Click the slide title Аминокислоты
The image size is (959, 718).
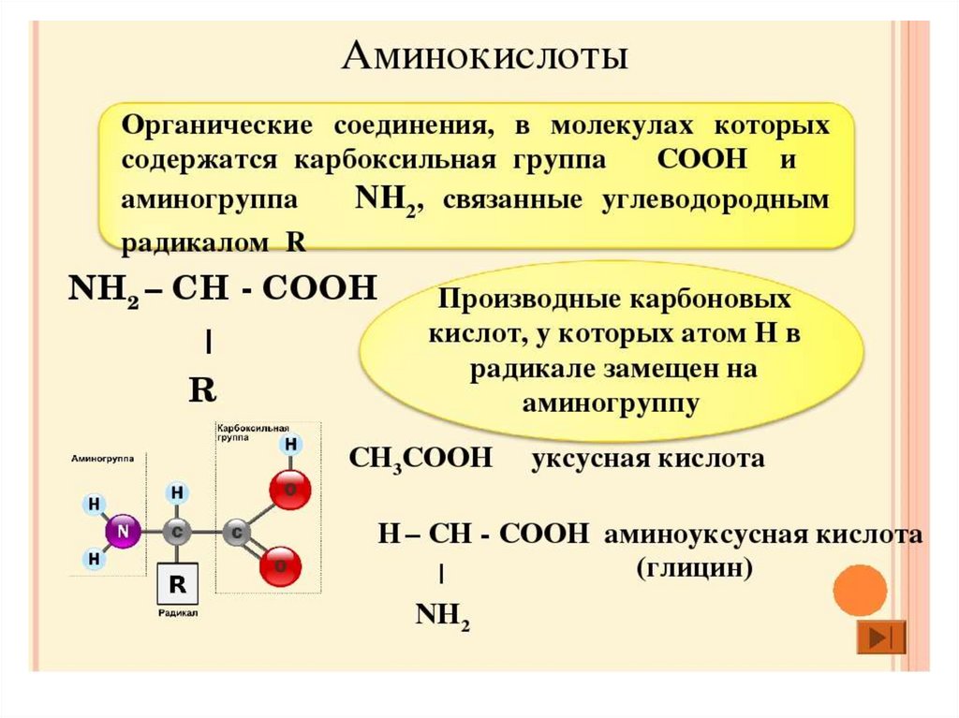tap(483, 57)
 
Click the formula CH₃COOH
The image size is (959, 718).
tap(420, 459)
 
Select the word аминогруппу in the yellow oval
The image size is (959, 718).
tap(612, 403)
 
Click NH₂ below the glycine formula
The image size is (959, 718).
tap(442, 615)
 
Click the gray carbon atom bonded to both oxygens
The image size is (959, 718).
tap(236, 533)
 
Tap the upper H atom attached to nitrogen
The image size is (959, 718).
tap(94, 504)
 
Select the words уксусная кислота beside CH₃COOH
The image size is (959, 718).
tap(648, 459)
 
